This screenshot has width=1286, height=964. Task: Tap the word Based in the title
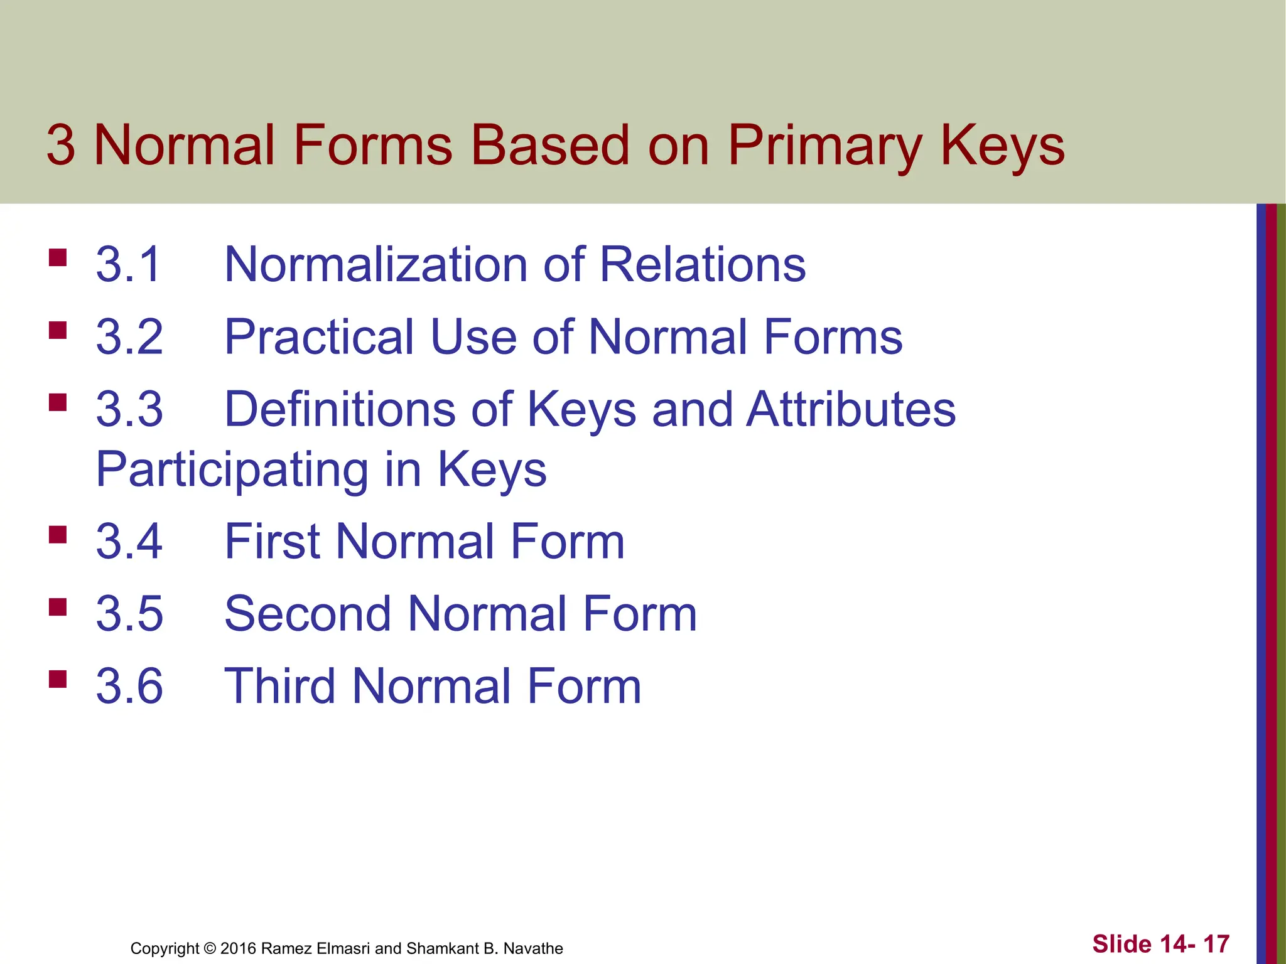549,146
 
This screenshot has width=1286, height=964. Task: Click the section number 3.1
129,264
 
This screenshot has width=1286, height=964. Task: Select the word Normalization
376,264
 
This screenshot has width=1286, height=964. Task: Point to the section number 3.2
129,337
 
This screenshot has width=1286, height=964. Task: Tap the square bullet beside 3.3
58,402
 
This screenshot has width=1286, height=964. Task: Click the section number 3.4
129,542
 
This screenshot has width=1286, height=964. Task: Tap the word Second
308,614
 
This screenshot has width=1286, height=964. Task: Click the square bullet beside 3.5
58,607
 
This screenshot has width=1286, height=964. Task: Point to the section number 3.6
129,686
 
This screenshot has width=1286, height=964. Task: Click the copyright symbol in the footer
210,948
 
